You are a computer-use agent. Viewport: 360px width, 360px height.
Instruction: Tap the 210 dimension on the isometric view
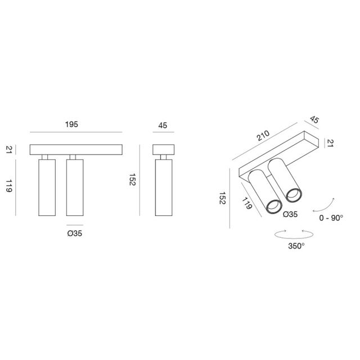pyautogui.click(x=262, y=137)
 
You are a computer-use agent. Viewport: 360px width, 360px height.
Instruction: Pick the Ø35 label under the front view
pyautogui.click(x=75, y=232)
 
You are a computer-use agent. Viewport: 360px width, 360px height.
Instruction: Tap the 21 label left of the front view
pyautogui.click(x=8, y=149)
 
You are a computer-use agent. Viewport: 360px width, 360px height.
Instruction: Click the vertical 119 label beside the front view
pyautogui.click(x=8, y=187)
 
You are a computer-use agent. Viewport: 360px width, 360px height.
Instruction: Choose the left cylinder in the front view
pyautogui.click(x=47, y=187)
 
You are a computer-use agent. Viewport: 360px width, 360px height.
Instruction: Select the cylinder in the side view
pyautogui.click(x=164, y=187)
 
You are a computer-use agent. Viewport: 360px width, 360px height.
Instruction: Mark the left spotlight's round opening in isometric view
pyautogui.click(x=273, y=206)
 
